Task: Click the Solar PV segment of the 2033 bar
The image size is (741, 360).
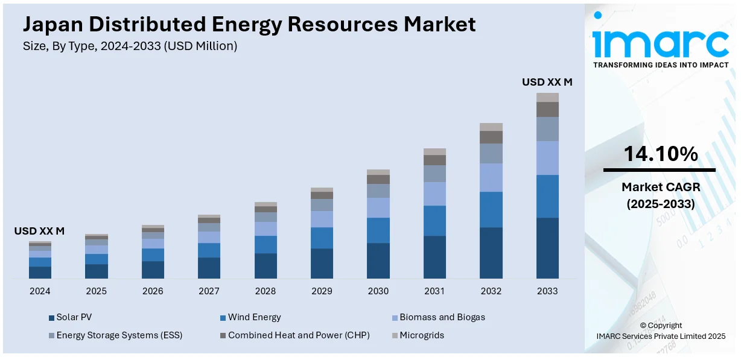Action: [x=547, y=248]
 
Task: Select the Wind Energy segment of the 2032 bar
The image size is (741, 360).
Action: [x=491, y=209]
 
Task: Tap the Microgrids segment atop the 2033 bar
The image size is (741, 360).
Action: [x=547, y=97]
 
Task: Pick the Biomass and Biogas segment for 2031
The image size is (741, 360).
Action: [x=434, y=194]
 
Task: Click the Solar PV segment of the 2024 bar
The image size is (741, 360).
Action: [x=40, y=272]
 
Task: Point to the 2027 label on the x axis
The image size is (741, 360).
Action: [x=209, y=291]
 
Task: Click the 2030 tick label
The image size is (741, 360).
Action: [x=378, y=291]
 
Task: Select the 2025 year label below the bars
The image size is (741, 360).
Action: [x=96, y=291]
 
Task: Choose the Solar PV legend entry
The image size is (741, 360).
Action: [x=74, y=317]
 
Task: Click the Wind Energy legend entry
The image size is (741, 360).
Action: [x=254, y=317]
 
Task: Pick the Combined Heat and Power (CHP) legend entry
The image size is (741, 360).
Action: [x=299, y=335]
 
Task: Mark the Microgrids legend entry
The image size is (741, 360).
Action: [x=421, y=335]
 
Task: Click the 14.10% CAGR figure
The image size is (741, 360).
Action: [x=660, y=154]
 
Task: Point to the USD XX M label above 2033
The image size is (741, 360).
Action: [x=547, y=82]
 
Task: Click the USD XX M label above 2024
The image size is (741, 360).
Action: [x=39, y=231]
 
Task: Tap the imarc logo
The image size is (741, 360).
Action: [x=661, y=40]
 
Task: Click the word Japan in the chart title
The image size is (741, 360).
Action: [x=53, y=25]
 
